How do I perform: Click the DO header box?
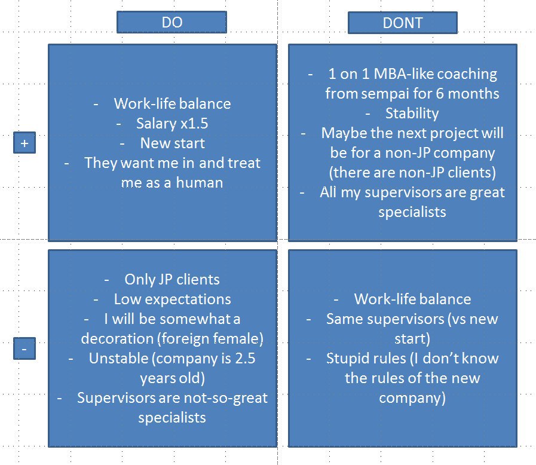coord(171,22)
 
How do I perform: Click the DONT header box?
coord(403,23)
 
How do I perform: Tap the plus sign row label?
coord(24,143)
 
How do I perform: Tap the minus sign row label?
coord(24,348)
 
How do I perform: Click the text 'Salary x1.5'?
coord(172,124)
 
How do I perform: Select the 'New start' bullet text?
coord(173,143)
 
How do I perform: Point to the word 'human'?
coord(200,182)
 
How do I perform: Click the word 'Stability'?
coord(412,114)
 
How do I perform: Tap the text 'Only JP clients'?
coord(172,280)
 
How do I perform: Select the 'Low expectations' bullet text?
coord(173,299)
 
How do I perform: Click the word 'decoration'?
coord(117,338)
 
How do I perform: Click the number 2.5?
coord(245,359)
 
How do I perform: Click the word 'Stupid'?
coord(347,359)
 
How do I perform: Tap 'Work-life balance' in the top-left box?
coord(172,103)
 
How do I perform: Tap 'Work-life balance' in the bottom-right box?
coord(412,299)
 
